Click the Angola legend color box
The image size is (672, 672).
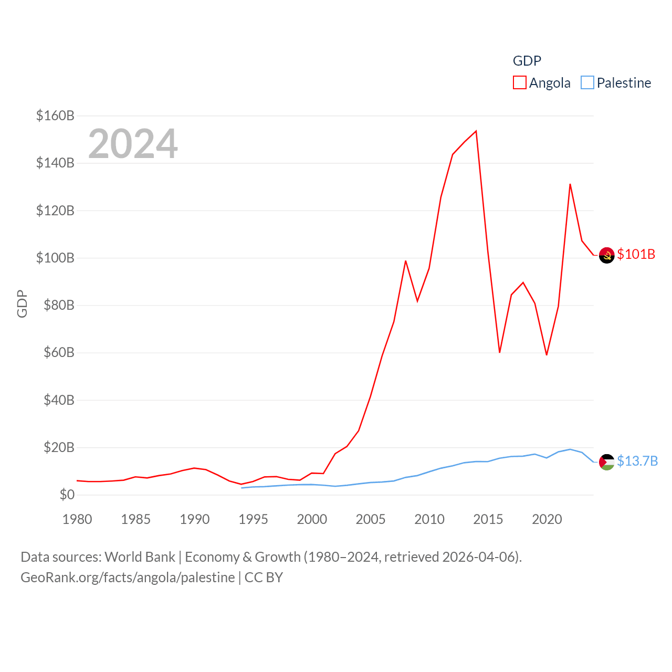519,82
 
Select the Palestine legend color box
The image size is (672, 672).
587,82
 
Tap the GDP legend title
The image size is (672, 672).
527,61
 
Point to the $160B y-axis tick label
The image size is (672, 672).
55,115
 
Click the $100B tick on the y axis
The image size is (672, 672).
55,258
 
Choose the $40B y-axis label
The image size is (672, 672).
58,400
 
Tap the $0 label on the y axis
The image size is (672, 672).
67,495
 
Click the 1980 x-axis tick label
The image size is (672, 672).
77,519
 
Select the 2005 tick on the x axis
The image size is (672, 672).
371,519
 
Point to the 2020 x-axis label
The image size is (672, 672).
547,519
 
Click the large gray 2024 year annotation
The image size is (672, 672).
133,143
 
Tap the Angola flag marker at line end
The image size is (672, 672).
606,255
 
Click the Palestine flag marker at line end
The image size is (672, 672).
606,462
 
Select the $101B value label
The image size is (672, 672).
636,254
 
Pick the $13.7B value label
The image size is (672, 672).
637,461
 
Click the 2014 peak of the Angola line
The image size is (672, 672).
476,131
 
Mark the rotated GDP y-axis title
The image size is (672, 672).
22,303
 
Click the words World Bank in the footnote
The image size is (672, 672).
140,556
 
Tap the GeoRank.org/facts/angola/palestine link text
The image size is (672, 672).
128,577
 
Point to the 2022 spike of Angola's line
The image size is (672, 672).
570,184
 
